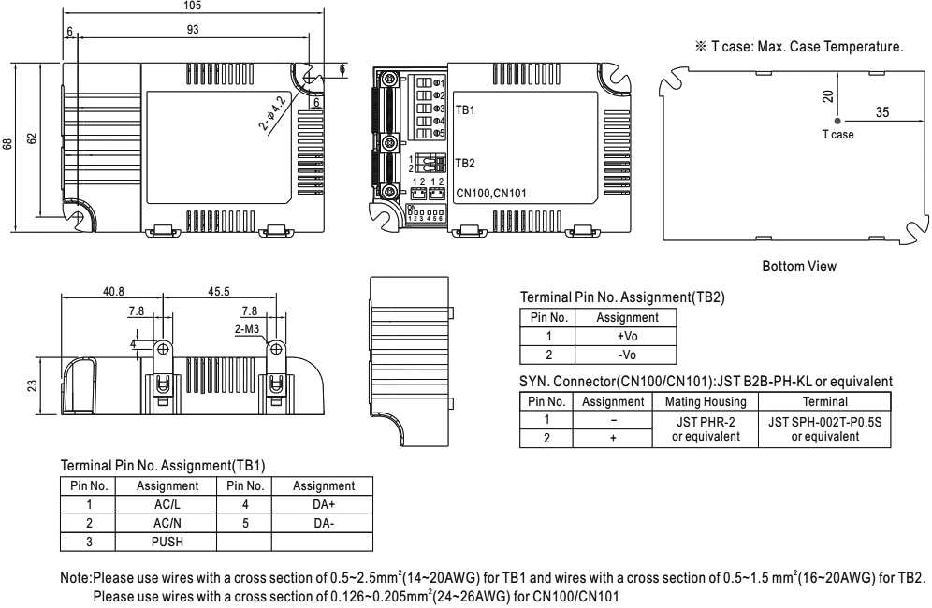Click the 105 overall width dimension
pos(192,4)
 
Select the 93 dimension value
pos(192,28)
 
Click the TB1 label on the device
pos(465,109)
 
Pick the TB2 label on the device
pos(465,163)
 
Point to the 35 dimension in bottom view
pos(881,111)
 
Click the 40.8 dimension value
pos(112,290)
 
